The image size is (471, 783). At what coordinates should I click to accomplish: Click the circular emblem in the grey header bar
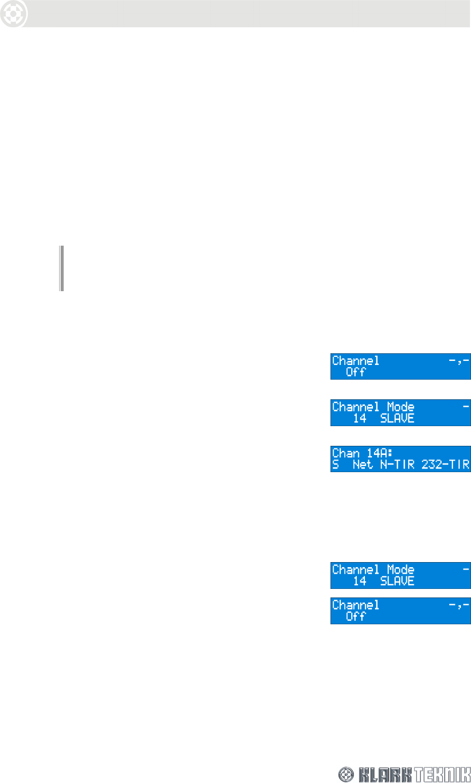coord(14,14)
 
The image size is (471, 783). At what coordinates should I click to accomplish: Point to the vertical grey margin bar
coord(62,268)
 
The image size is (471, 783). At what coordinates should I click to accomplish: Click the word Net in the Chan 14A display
coord(362,465)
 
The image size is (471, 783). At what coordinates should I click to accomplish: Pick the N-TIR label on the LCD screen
coord(397,465)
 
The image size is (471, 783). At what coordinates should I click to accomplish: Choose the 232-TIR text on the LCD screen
coord(445,465)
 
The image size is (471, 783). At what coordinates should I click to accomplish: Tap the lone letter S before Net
coord(336,465)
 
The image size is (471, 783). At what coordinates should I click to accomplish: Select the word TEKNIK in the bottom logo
coord(442,774)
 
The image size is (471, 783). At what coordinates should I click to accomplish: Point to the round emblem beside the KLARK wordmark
coord(346,774)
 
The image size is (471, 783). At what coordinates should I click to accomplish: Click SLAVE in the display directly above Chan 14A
coord(397,419)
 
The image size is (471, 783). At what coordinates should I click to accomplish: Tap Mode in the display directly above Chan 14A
coord(401,407)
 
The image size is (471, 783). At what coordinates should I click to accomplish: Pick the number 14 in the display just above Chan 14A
coord(359,419)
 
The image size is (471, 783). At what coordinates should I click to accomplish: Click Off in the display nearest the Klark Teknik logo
coord(355,617)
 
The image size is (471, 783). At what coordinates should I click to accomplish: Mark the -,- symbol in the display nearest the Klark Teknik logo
coord(459,605)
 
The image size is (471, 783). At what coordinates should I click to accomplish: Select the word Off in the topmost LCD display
coord(355,372)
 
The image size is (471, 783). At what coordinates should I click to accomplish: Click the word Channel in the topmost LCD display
coord(356,360)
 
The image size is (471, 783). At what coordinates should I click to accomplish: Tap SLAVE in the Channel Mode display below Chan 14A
coord(397,581)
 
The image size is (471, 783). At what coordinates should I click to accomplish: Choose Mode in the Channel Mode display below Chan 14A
coord(401,570)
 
